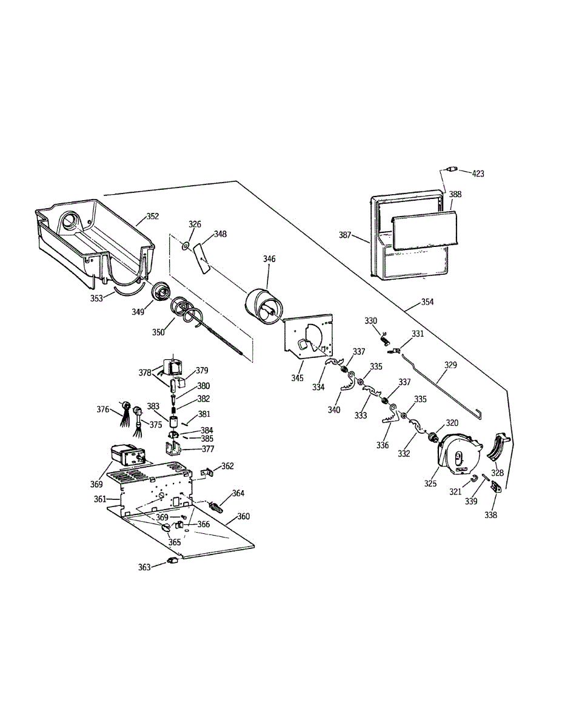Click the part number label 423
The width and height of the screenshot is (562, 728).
478,174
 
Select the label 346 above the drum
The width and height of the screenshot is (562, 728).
269,259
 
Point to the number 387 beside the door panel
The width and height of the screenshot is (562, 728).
345,235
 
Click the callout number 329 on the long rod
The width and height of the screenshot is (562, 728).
450,365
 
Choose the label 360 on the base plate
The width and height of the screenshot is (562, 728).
243,516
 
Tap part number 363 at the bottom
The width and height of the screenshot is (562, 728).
144,567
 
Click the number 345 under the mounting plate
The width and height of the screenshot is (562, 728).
297,378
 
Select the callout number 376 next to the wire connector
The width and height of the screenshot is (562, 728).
104,409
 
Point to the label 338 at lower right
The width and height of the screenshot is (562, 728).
490,515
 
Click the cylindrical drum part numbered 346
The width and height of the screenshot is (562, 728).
263,305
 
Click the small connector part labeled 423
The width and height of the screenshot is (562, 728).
451,169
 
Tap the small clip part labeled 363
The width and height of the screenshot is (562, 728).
172,561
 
